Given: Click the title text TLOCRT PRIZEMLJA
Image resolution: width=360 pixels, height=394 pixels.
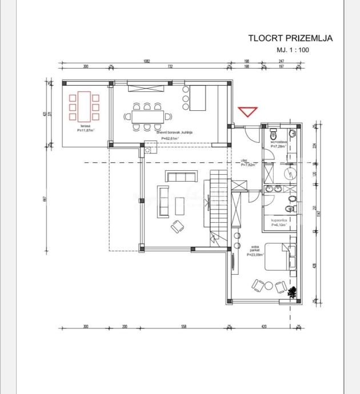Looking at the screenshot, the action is click(x=290, y=38).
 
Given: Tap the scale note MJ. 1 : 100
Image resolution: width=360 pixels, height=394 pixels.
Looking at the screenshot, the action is click(x=293, y=50).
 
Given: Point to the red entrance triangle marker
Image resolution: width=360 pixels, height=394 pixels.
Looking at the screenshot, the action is click(x=249, y=111).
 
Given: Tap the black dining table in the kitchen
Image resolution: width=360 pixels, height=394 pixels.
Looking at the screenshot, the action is click(x=148, y=116).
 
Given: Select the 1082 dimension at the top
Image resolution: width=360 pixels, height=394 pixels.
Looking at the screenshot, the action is click(x=146, y=61).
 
